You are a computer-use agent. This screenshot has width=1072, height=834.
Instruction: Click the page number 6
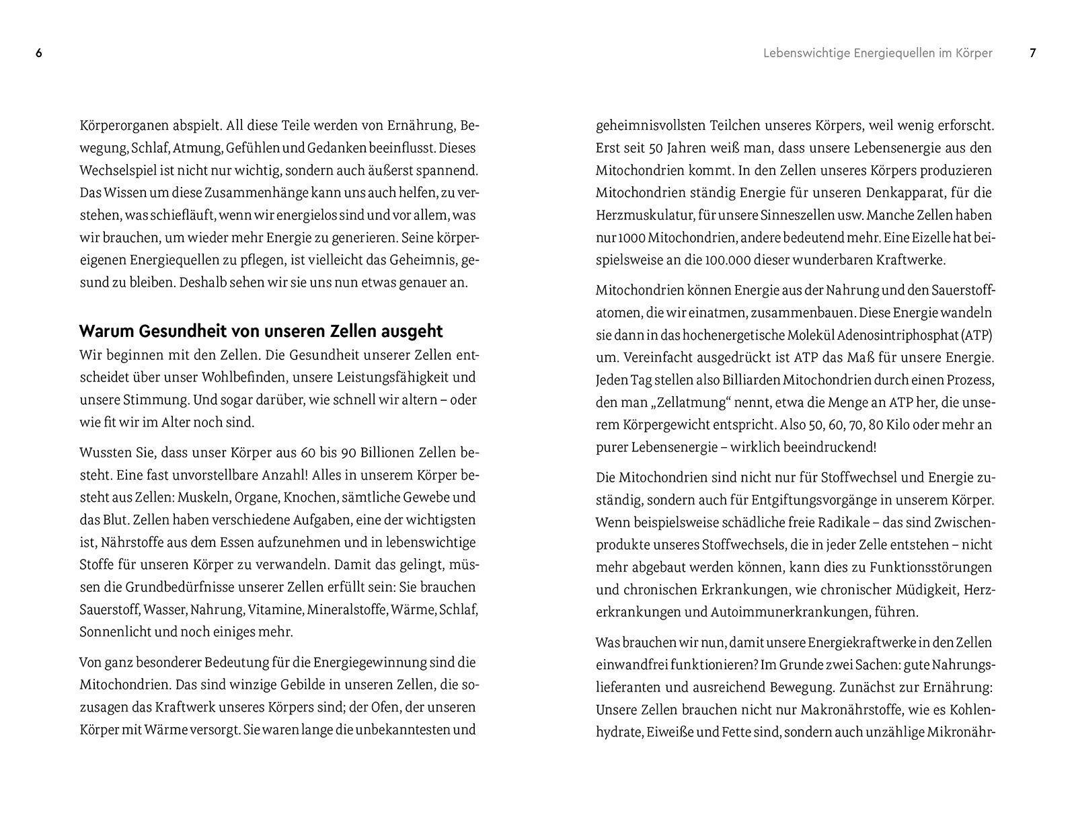pos(39,53)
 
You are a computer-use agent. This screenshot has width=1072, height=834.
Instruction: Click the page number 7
pos(1033,53)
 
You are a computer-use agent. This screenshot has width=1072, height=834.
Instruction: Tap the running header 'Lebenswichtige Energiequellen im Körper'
pos(878,53)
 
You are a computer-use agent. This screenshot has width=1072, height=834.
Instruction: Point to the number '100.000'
pos(731,260)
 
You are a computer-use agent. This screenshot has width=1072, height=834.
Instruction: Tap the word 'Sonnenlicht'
pos(111,632)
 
